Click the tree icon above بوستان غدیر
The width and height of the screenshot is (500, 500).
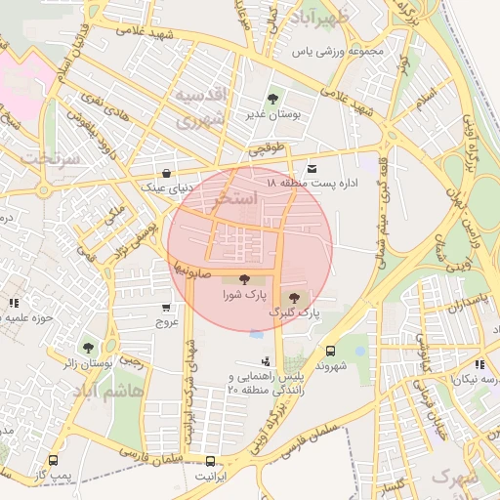[x=272, y=99]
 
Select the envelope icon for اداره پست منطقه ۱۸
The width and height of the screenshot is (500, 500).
[x=312, y=167]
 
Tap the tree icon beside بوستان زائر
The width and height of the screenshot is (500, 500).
[x=89, y=347]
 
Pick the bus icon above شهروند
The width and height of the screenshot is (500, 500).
[x=330, y=351]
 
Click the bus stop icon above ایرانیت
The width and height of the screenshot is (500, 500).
[x=210, y=460]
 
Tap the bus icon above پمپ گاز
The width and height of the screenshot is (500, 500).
[x=53, y=460]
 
